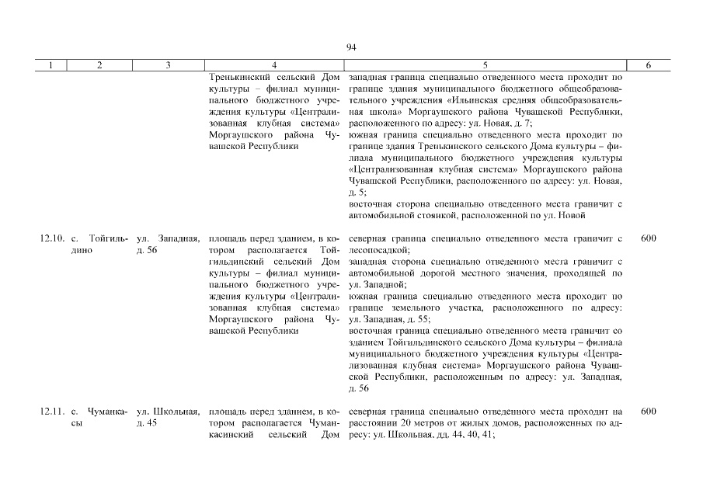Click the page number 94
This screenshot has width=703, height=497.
[351, 48]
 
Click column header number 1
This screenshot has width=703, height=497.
[50, 66]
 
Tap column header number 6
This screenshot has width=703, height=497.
[648, 66]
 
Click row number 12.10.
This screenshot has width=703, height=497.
[51, 238]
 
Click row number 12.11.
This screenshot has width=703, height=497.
[51, 412]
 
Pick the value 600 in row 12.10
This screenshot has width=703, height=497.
[649, 238]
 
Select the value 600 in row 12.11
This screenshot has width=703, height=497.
[649, 412]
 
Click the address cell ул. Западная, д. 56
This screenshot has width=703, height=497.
[168, 244]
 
